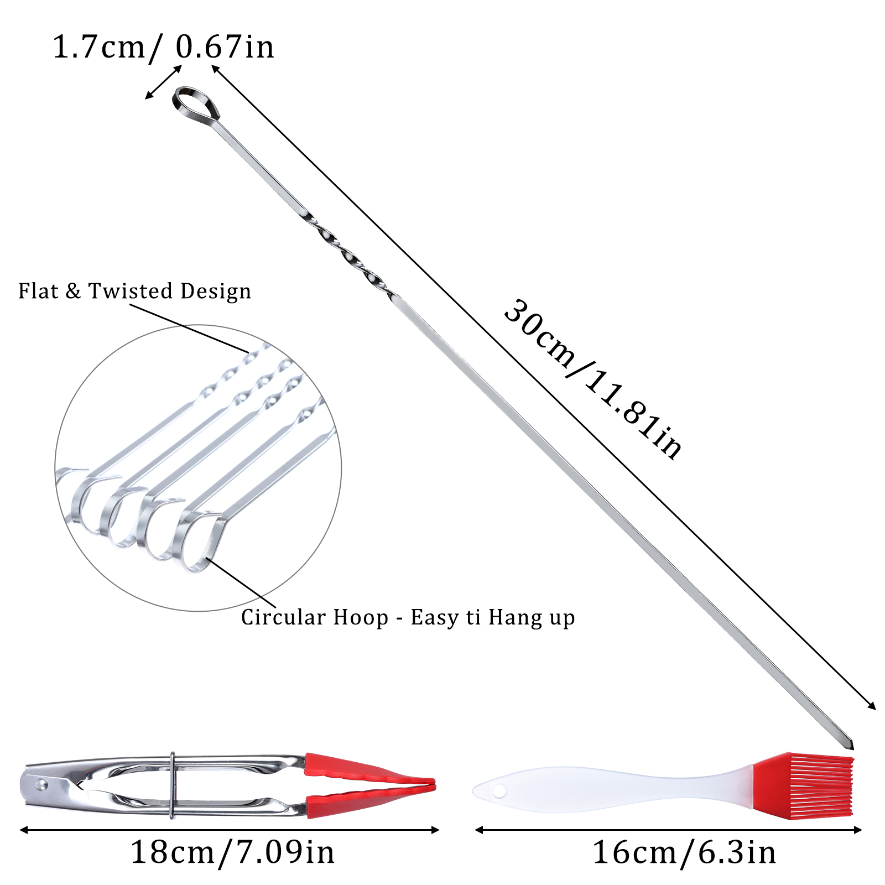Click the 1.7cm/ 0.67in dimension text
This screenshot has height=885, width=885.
click(x=163, y=47)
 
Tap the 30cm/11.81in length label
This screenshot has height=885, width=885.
click(x=593, y=379)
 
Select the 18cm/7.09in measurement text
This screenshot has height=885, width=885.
click(x=232, y=852)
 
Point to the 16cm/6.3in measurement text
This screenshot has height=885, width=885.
click(x=684, y=852)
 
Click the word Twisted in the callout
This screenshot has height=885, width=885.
click(x=131, y=291)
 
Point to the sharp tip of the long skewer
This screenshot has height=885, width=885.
click(x=852, y=748)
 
